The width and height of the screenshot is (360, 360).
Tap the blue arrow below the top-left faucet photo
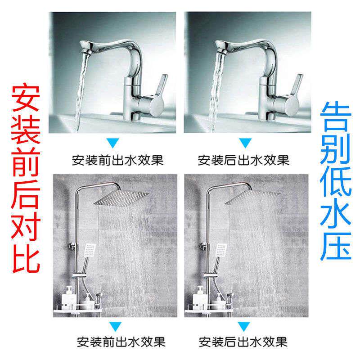coord(114,144)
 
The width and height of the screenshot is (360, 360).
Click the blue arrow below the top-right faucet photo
coord(244,144)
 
